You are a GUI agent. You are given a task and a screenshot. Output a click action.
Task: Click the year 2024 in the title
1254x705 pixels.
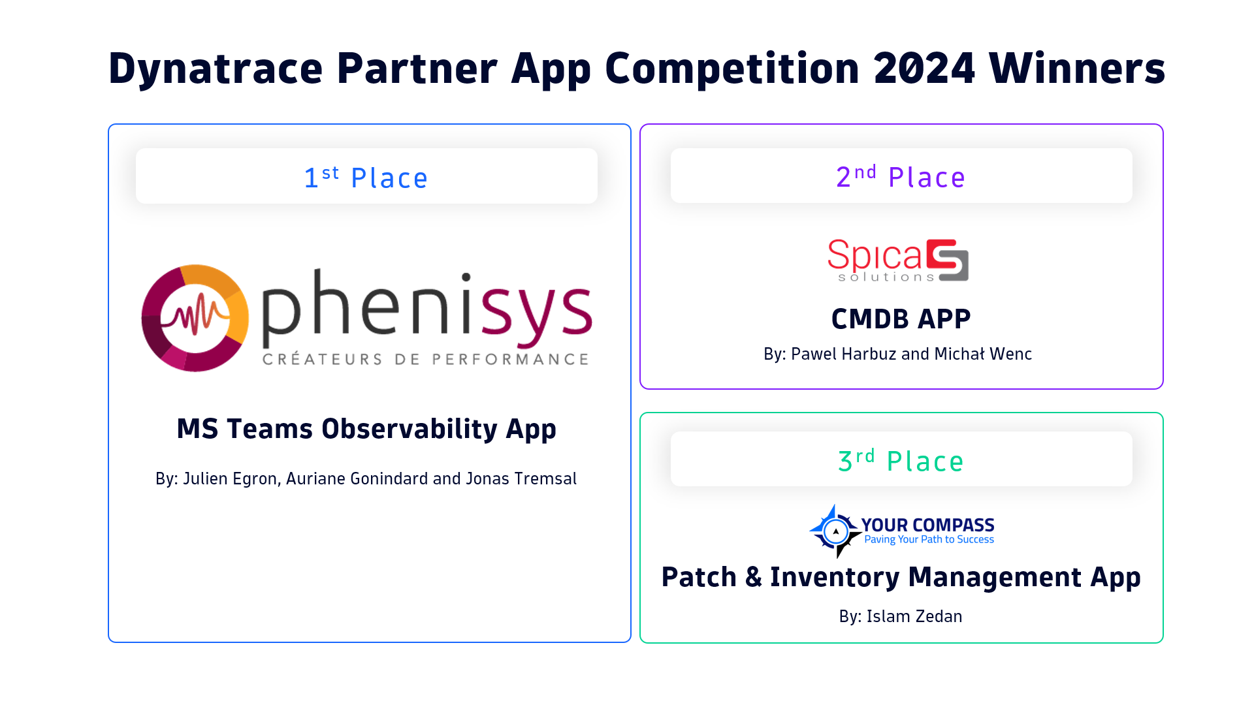pyautogui.click(x=924, y=68)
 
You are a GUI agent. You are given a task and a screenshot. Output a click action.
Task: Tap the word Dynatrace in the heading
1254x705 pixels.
pyautogui.click(x=216, y=69)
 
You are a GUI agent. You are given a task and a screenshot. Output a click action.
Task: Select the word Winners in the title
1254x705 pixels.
pyautogui.click(x=1077, y=68)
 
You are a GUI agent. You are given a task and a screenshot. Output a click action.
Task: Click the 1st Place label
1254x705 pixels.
pyautogui.click(x=366, y=178)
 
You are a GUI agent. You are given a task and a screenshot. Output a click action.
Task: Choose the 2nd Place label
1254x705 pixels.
pyautogui.click(x=901, y=177)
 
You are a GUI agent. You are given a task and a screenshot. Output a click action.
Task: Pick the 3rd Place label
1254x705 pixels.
pyautogui.click(x=901, y=461)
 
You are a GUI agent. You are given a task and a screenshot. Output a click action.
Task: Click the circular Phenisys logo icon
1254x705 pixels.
pyautogui.click(x=195, y=318)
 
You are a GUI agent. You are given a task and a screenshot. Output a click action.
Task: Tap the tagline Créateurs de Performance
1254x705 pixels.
pyautogui.click(x=425, y=359)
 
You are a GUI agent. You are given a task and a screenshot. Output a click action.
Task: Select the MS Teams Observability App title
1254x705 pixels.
pyautogui.click(x=366, y=429)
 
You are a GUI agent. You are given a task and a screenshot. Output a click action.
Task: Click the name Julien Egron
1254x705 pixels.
pyautogui.click(x=230, y=478)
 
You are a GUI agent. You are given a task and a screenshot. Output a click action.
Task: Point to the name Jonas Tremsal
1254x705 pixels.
pyautogui.click(x=521, y=478)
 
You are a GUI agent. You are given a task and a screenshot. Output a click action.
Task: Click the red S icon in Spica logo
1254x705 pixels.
pyautogui.click(x=948, y=260)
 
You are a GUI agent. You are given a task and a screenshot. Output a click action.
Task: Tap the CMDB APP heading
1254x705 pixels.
pyautogui.click(x=901, y=319)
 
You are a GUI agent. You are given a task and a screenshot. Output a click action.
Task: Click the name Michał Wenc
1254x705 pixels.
pyautogui.click(x=983, y=354)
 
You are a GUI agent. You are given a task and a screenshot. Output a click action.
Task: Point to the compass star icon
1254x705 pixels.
pyautogui.click(x=835, y=531)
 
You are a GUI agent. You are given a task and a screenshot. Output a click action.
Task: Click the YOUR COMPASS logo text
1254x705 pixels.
pyautogui.click(x=927, y=525)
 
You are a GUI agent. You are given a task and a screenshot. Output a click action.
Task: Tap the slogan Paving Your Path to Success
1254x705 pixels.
pyautogui.click(x=929, y=540)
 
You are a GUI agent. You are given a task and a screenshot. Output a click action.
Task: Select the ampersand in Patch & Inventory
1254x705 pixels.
pyautogui.click(x=753, y=577)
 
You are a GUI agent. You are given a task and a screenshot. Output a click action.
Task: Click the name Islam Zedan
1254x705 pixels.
pyautogui.click(x=914, y=616)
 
